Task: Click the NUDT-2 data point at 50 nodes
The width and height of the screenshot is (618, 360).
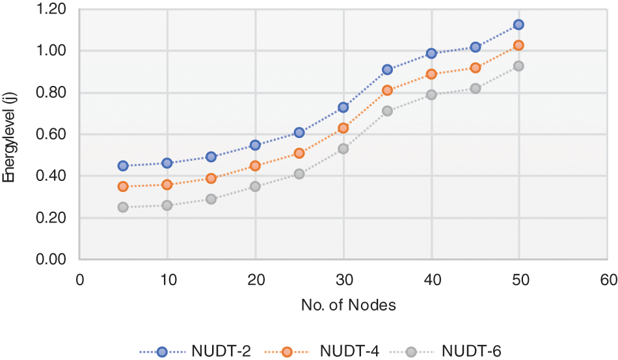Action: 518,24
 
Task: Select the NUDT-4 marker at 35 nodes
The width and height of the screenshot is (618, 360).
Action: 387,90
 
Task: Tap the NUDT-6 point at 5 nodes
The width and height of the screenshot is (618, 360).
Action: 123,207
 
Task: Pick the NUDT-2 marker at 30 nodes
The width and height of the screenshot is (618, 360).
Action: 343,107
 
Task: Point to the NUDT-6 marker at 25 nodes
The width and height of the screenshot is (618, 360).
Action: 299,174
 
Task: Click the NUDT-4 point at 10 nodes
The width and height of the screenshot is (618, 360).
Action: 167,184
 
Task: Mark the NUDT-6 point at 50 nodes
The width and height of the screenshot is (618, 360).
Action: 518,66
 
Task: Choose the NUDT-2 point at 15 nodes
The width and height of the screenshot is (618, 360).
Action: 211,156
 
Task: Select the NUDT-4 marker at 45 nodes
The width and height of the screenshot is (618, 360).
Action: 475,68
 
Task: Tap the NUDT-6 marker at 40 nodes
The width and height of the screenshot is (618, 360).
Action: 431,94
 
